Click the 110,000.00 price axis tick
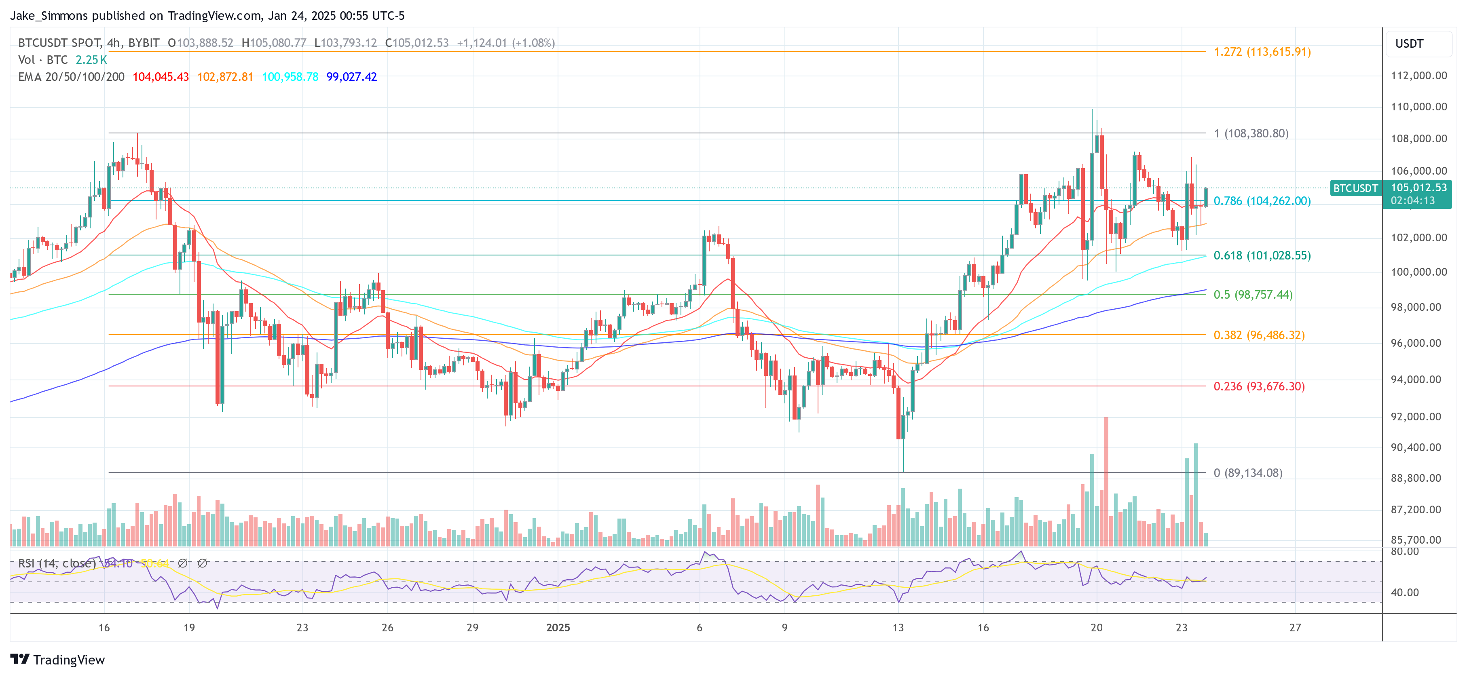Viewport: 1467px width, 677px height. pos(1418,106)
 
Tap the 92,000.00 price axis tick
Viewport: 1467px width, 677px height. pos(1418,416)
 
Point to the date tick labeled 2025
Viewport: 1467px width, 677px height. pos(558,627)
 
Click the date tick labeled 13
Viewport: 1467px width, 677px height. pos(898,627)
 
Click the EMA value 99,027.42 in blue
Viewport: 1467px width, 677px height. pos(351,77)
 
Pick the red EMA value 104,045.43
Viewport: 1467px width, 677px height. pos(161,77)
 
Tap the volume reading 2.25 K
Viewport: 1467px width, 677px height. pos(91,60)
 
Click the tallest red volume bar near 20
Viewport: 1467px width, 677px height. pos(1106,481)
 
